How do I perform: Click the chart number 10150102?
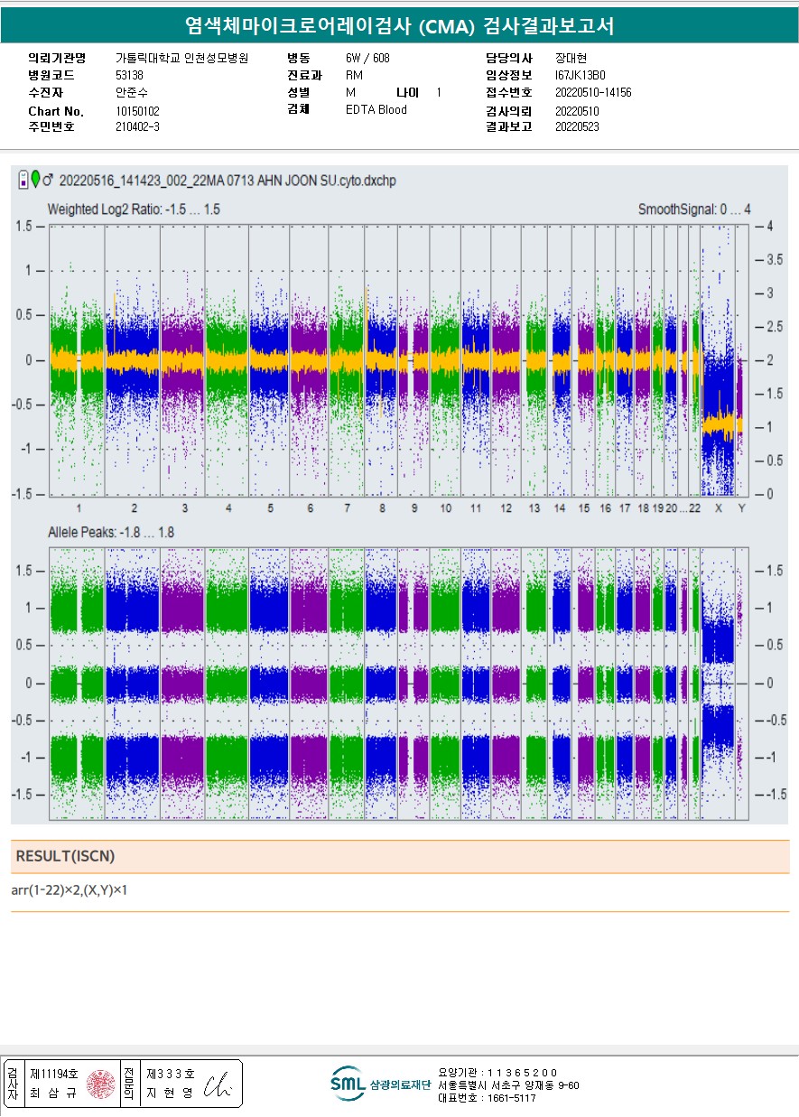(137, 111)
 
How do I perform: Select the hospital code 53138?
(129, 75)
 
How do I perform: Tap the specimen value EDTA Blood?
(376, 110)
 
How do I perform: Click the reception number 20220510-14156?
(592, 93)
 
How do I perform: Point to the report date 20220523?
(576, 127)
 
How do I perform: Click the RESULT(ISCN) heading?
(66, 856)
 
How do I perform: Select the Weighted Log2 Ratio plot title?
(134, 209)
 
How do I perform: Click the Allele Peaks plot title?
(110, 533)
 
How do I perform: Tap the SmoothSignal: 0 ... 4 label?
(694, 209)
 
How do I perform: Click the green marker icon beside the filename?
(35, 179)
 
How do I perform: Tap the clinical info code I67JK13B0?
(580, 75)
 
